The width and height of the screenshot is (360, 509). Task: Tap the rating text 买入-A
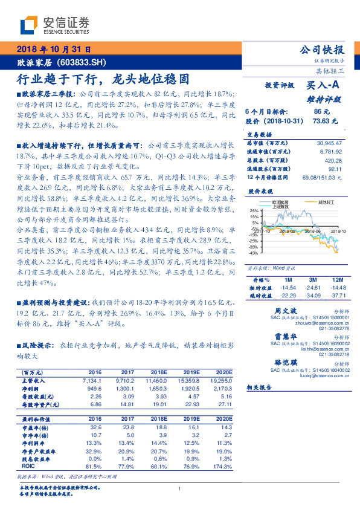[x=323, y=86]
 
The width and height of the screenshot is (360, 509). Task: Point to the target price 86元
[x=321, y=112]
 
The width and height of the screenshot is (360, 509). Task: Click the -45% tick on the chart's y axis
[x=253, y=253]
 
